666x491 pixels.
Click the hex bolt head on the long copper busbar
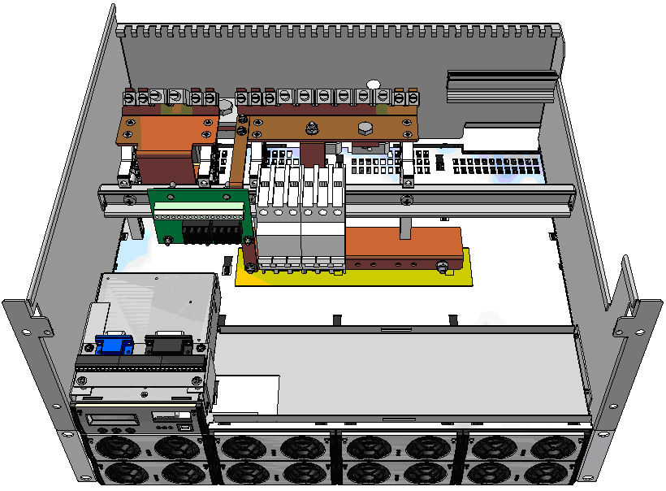[365, 128]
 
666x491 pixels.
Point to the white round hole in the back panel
[374, 84]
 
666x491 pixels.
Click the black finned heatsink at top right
[500, 85]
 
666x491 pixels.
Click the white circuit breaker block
[301, 215]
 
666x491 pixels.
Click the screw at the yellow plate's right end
[442, 265]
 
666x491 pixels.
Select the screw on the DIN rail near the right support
[406, 200]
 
